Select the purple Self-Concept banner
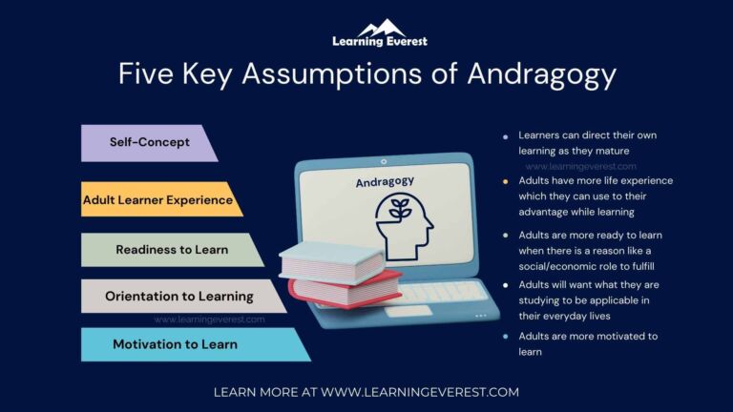pyautogui.click(x=148, y=142)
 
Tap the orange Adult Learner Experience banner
pyautogui.click(x=158, y=199)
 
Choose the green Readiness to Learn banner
pyautogui.click(x=172, y=249)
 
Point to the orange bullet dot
pyautogui.click(x=505, y=180)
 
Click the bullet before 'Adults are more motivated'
pyautogui.click(x=505, y=337)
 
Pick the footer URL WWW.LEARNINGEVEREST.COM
pyautogui.click(x=420, y=391)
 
